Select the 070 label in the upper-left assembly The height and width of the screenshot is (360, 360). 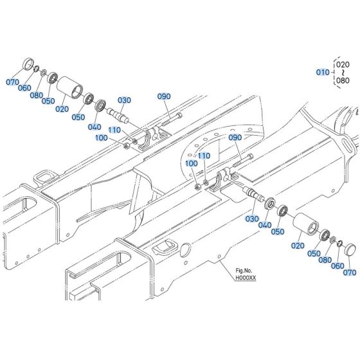click(x=14, y=83)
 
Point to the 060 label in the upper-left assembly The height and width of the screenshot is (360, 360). click(x=24, y=87)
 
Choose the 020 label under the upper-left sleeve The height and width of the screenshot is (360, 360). click(x=62, y=109)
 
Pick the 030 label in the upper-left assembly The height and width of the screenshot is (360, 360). click(x=124, y=100)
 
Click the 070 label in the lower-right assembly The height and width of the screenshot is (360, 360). click(x=350, y=272)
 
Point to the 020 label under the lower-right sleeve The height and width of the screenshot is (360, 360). click(x=297, y=246)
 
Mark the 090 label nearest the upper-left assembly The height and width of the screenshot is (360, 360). click(x=165, y=96)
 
